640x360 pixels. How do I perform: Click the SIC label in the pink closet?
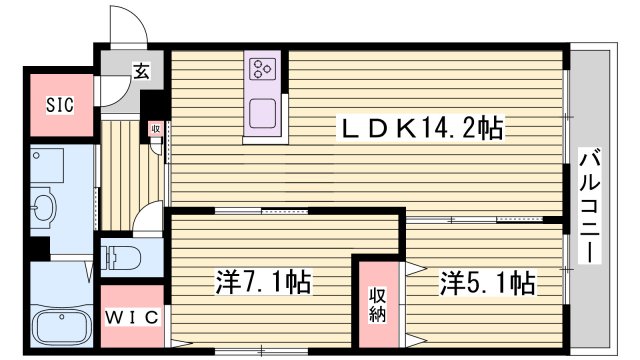coord(57,102)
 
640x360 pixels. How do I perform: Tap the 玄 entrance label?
coord(142,71)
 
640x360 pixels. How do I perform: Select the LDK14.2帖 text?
coord(421,128)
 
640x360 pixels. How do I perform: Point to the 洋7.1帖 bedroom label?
coord(263,283)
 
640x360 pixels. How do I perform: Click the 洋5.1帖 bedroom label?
coord(486,283)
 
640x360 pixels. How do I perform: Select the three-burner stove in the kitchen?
coord(263,69)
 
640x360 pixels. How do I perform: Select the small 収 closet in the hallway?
coord(156,129)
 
